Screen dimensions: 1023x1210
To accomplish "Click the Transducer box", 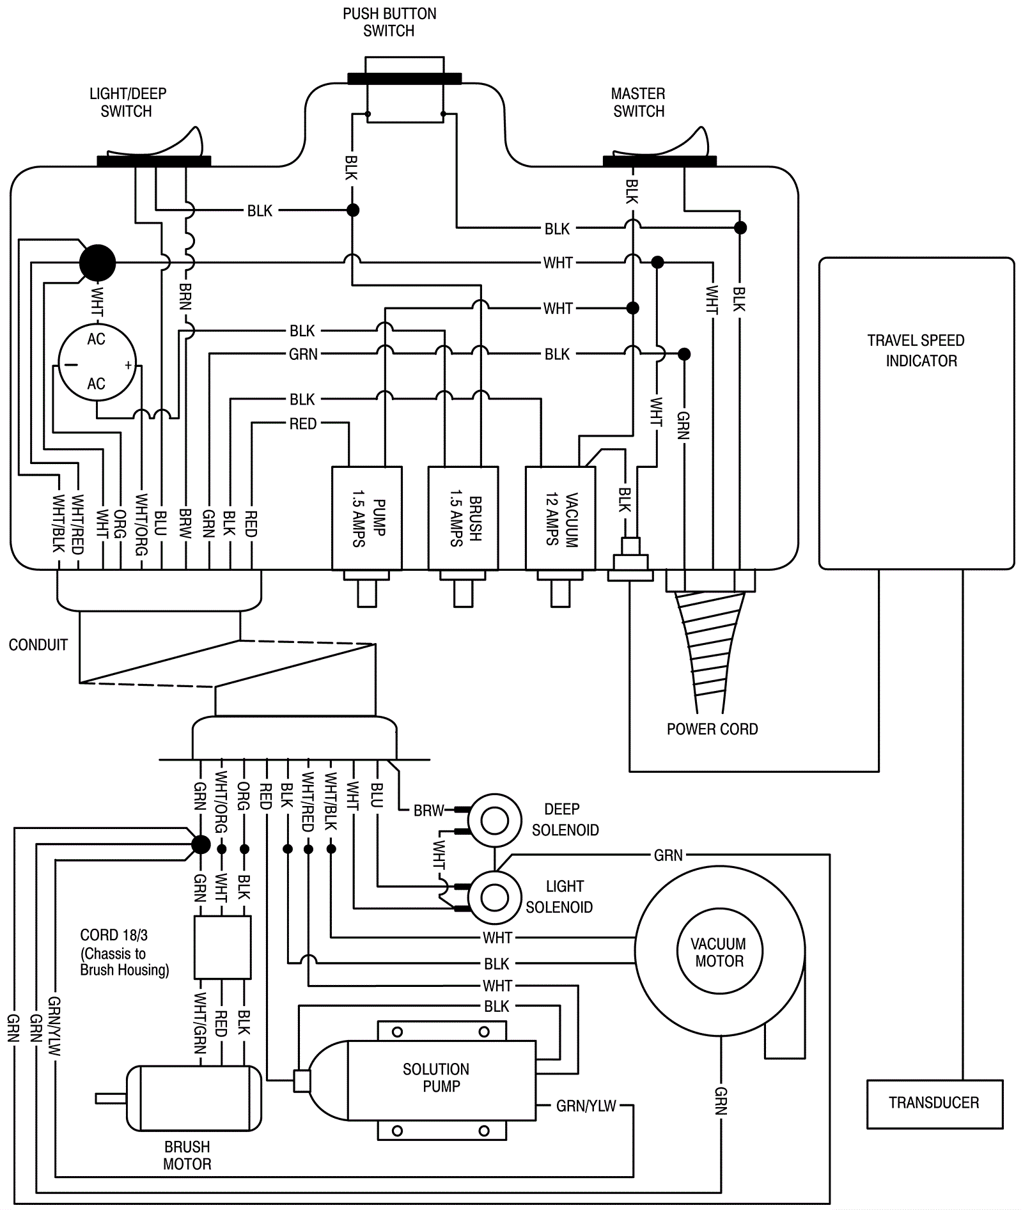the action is click(935, 1104).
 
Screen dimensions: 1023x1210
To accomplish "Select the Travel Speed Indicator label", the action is click(917, 350).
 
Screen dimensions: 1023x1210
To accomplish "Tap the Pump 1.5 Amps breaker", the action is click(367, 518).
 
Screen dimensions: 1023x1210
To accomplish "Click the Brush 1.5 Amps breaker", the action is click(464, 518).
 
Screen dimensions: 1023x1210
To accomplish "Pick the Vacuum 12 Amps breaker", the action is click(561, 518).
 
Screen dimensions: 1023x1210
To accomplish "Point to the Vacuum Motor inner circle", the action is click(719, 952).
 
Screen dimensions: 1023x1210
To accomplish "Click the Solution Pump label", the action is click(437, 1078).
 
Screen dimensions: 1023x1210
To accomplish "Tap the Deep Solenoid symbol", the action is click(494, 821).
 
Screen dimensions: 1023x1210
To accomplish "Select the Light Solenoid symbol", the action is click(494, 897).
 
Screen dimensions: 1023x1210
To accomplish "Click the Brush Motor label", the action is click(187, 1155).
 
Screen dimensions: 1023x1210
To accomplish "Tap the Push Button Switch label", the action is click(389, 22).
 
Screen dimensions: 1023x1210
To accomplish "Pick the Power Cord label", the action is click(712, 729).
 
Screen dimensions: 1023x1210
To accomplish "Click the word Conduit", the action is click(38, 645).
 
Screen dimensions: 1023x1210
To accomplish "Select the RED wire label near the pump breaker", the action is click(303, 424).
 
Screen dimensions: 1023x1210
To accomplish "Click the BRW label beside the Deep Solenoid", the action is click(428, 811).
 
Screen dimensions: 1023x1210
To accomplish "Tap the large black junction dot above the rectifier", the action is click(97, 263).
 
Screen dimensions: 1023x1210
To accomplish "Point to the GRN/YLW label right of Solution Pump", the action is click(586, 1106).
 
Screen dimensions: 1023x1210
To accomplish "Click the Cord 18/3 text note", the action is click(125, 952).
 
